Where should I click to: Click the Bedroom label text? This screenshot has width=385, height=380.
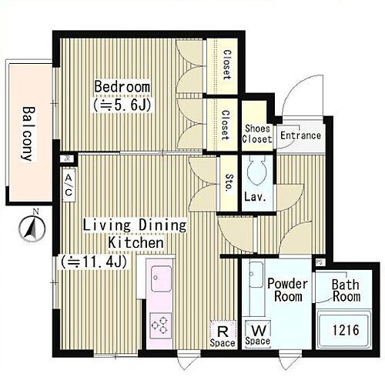click(x=122, y=86)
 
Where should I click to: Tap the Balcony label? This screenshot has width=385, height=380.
click(x=28, y=134)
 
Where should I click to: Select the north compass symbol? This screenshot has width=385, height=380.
click(x=32, y=226)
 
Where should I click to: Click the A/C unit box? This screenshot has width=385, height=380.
click(x=69, y=185)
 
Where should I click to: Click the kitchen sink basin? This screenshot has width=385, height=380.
click(x=161, y=278)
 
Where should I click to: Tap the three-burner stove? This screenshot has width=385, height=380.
click(x=161, y=325)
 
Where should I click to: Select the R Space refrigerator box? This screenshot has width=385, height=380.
click(x=223, y=335)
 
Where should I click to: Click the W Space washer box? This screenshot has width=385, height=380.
click(x=258, y=334)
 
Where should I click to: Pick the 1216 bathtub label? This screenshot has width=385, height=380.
click(x=346, y=330)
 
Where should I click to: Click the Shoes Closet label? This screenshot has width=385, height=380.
click(x=257, y=134)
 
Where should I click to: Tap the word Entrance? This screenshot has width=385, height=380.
click(x=300, y=135)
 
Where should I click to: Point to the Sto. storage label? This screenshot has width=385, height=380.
click(x=229, y=183)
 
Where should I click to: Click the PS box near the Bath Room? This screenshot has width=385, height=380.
click(x=319, y=262)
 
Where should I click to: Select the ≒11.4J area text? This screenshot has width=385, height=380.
click(x=94, y=262)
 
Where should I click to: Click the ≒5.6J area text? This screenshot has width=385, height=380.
click(x=122, y=105)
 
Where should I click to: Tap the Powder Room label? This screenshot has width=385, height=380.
click(x=287, y=290)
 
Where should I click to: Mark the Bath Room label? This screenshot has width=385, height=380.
click(x=346, y=291)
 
